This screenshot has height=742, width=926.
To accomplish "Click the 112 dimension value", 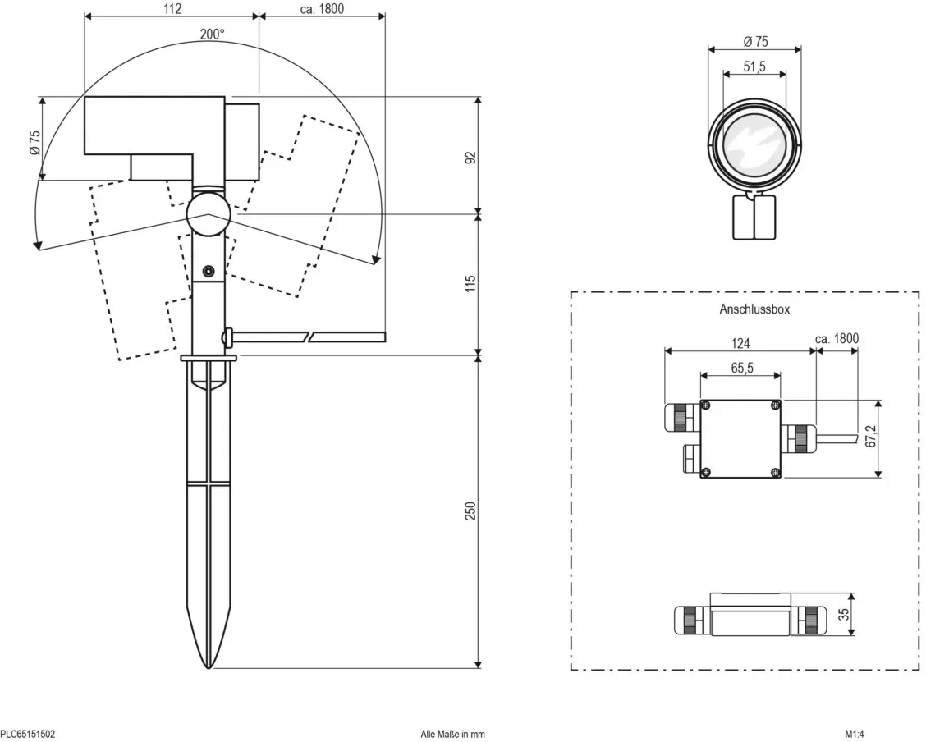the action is pyautogui.click(x=172, y=9).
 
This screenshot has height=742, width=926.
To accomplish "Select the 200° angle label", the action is pyautogui.click(x=212, y=34).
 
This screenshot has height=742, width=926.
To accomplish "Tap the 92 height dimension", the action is pyautogui.click(x=470, y=158).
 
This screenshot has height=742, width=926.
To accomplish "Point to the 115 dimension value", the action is pyautogui.click(x=470, y=283).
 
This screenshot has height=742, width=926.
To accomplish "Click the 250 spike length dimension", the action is pyautogui.click(x=470, y=511).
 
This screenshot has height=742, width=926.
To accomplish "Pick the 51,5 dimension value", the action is pyautogui.click(x=754, y=66).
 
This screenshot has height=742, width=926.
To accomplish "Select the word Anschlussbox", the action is pyautogui.click(x=754, y=309).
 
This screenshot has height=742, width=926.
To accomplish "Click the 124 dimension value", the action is pyautogui.click(x=740, y=343).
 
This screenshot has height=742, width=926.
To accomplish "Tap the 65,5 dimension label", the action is pyautogui.click(x=742, y=368).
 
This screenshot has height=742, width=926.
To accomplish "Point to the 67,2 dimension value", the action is pyautogui.click(x=871, y=437).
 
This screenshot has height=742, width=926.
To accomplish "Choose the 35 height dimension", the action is pyautogui.click(x=844, y=614).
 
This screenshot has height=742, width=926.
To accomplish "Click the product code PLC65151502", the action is pyautogui.click(x=28, y=735).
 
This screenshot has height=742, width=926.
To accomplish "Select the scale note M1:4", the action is pyautogui.click(x=854, y=735).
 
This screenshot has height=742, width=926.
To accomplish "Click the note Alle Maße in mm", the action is pyautogui.click(x=452, y=735).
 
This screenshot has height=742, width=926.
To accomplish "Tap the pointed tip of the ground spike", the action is pyautogui.click(x=209, y=667).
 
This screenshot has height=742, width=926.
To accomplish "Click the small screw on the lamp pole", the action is pyautogui.click(x=209, y=271).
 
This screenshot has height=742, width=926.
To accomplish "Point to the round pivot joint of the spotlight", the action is pyautogui.click(x=208, y=214).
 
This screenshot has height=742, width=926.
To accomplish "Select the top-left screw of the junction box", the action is pyautogui.click(x=706, y=405).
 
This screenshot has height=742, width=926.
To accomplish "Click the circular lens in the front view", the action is pyautogui.click(x=754, y=147).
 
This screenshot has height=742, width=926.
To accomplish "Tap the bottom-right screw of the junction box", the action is pyautogui.click(x=775, y=472).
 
